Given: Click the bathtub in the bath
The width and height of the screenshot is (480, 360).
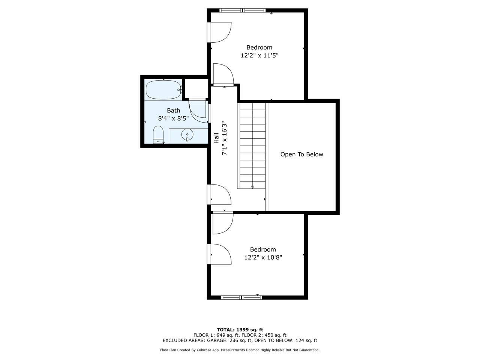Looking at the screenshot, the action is [x=164, y=90].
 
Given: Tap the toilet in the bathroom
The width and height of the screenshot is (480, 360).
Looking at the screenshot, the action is [x=158, y=134].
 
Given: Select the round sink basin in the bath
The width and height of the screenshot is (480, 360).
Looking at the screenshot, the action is [x=187, y=135].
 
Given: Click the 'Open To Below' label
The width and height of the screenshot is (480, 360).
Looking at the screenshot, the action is [x=301, y=154].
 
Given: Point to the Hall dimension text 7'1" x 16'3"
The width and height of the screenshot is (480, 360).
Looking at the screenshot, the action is [x=225, y=138].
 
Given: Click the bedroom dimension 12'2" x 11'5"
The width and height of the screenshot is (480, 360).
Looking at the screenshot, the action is [x=259, y=55].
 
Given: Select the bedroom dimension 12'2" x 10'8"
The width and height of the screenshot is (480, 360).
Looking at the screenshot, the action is [x=263, y=258].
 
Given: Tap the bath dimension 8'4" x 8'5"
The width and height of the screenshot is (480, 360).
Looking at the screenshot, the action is [x=173, y=118].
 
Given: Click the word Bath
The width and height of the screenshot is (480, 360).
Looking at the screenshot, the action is [x=173, y=110].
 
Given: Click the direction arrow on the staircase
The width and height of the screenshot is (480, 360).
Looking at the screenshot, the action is [x=253, y=187].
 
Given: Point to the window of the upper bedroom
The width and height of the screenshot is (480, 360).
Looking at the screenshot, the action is [x=243, y=10].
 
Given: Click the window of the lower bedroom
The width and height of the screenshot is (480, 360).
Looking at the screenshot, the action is [x=241, y=297].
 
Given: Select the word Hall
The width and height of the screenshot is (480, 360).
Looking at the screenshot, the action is [x=216, y=138].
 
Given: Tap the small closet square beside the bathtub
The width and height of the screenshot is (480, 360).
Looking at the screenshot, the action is [x=196, y=88].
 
